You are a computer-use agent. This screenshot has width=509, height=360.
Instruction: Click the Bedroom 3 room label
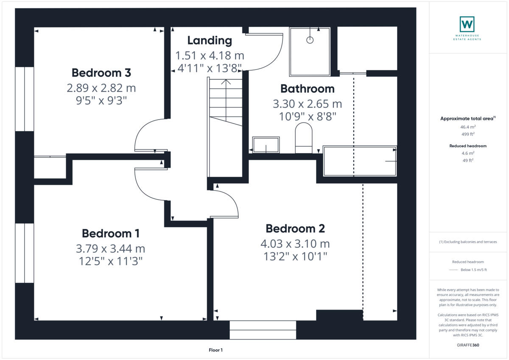click(x=101, y=73)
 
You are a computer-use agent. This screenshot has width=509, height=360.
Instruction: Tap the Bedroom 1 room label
click(x=110, y=233)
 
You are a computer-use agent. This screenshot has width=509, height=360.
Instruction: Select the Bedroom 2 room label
click(x=295, y=229)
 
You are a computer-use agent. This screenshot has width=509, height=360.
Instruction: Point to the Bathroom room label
click(x=307, y=89)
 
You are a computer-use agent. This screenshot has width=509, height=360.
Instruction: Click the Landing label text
click(x=210, y=40)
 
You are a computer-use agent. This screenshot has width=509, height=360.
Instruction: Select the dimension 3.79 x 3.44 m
click(x=110, y=248)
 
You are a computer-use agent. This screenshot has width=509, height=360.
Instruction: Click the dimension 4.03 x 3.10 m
click(x=295, y=244)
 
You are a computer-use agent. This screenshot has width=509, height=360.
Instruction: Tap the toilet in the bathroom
click(x=303, y=138)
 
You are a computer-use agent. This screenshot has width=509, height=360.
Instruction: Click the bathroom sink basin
click(x=266, y=145)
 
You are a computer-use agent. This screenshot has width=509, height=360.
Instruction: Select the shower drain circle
click(x=310, y=40)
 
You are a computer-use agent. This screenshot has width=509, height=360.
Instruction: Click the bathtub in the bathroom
click(x=360, y=161)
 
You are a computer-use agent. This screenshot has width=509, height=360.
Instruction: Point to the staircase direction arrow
click(x=226, y=82)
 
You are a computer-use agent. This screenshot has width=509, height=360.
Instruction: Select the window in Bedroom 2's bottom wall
click(x=263, y=330)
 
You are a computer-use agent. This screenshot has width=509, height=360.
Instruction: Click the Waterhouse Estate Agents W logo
click(x=467, y=24)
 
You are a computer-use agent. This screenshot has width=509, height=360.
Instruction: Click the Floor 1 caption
click(x=215, y=350)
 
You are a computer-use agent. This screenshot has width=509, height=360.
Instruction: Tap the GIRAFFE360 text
click(x=468, y=345)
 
